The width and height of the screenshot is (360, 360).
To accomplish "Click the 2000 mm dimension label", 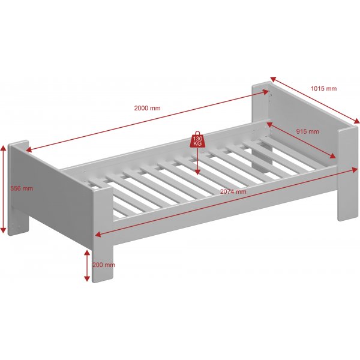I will pyautogui.click(x=147, y=108).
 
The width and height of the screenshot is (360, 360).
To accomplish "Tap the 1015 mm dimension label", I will pyautogui.click(x=323, y=88).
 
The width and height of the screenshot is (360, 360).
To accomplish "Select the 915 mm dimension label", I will pyautogui.click(x=307, y=131).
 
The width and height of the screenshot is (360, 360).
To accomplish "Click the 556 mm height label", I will pyautogui.click(x=22, y=188).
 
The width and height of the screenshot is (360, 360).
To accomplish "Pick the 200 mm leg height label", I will pyautogui.click(x=103, y=265).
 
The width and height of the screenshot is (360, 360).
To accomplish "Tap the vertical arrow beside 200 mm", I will pyautogui.click(x=88, y=266).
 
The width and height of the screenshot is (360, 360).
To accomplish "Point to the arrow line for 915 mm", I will pyautogui.click(x=300, y=141).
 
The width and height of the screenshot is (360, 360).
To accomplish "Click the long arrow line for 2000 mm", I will pyautogui.click(x=147, y=119).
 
